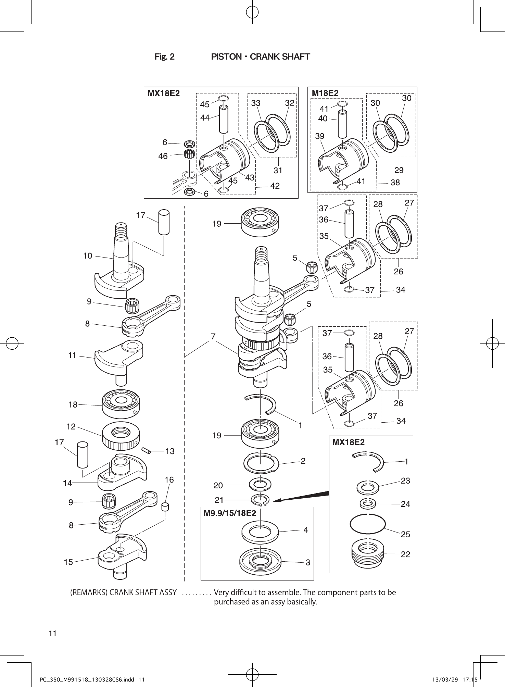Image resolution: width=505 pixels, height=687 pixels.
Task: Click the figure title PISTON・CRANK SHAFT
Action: click(261, 57)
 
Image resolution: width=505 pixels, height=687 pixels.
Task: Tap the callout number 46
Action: click(163, 156)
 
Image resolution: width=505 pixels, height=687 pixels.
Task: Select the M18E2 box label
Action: click(325, 93)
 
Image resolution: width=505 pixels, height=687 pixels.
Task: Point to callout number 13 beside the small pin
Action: click(170, 451)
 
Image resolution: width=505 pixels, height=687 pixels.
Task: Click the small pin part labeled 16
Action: click(165, 506)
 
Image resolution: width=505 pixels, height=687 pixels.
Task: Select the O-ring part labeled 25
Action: click(368, 524)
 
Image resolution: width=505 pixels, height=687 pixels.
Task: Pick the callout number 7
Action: click(213, 336)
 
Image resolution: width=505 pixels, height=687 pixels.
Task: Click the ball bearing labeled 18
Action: click(121, 404)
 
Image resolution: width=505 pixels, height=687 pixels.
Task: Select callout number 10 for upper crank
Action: click(88, 255)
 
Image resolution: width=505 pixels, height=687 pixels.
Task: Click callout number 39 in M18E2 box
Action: click(320, 136)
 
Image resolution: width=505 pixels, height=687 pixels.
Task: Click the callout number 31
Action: click(278, 170)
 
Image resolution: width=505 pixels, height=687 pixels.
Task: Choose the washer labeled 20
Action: click(260, 485)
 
